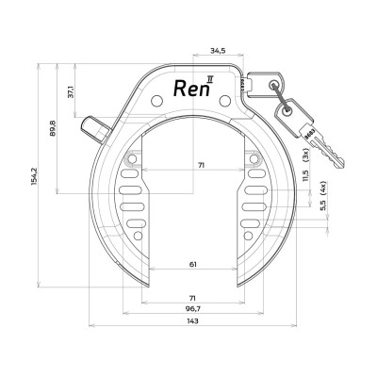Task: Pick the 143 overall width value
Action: point(192,322)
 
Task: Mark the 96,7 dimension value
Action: point(192,308)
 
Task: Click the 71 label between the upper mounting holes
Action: point(192,166)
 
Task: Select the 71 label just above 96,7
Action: point(192,295)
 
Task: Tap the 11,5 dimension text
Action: point(304,177)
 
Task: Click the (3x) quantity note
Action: point(304,154)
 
